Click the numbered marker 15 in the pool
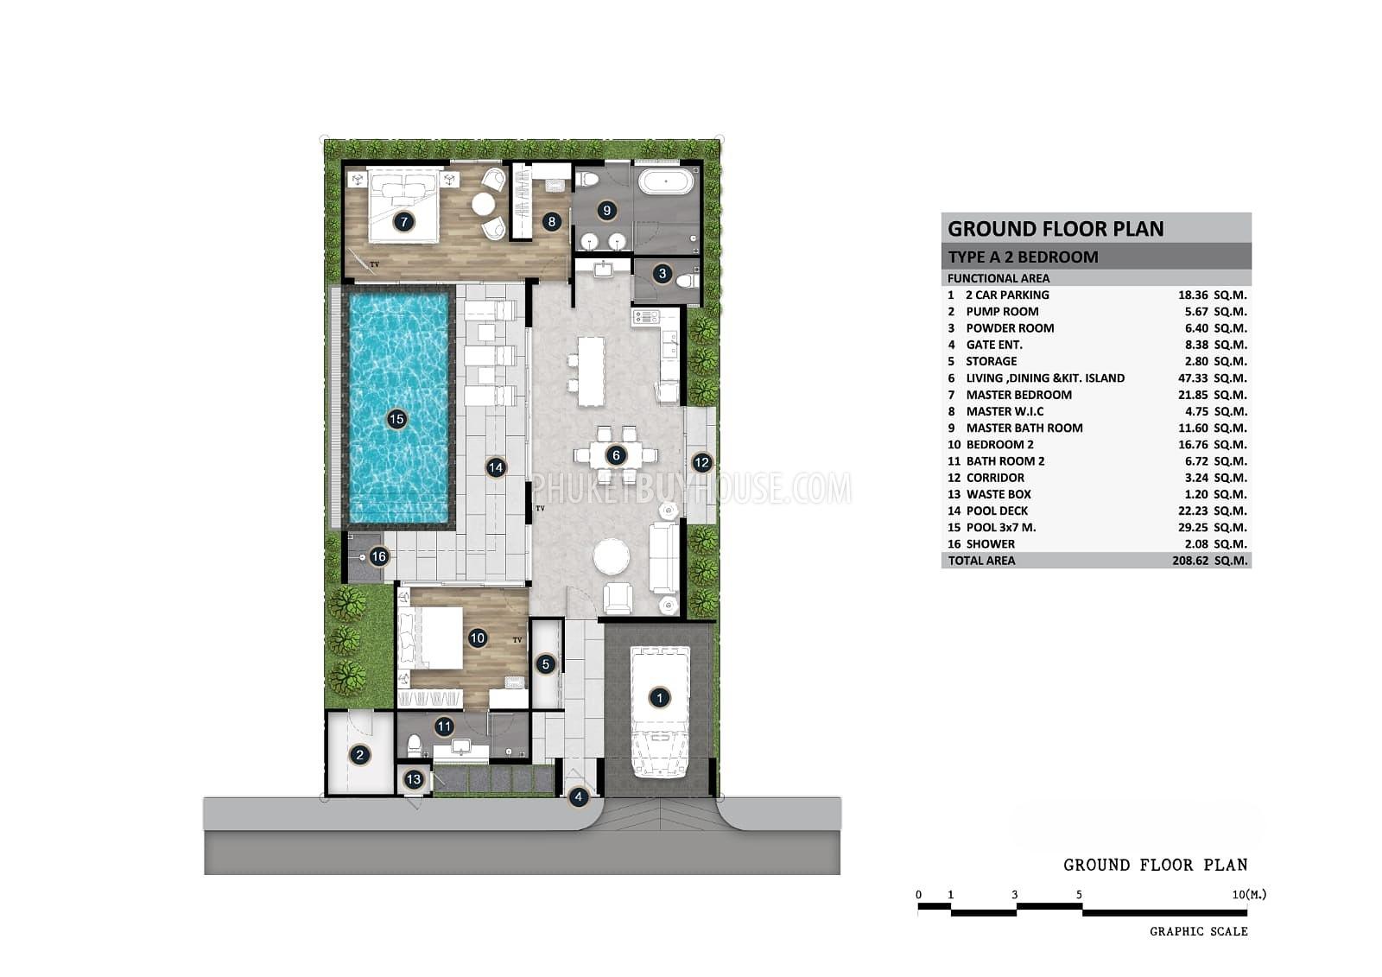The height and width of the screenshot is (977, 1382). point(396,420)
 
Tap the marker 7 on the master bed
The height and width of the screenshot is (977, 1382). point(403,222)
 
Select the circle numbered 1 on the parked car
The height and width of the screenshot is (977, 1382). point(659,698)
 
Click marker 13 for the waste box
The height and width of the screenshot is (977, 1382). point(414,780)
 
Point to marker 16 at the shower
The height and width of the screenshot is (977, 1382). point(378,557)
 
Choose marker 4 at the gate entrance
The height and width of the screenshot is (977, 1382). point(578,797)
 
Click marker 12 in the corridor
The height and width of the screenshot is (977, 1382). point(701,463)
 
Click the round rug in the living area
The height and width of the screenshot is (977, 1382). point(612,556)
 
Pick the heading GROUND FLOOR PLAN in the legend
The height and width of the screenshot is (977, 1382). point(1056,229)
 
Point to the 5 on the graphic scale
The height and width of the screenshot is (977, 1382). point(1079,895)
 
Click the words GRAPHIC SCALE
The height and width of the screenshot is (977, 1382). point(1198,931)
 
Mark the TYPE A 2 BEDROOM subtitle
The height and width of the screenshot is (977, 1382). point(1023,257)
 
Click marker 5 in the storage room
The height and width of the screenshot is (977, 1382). point(545,664)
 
